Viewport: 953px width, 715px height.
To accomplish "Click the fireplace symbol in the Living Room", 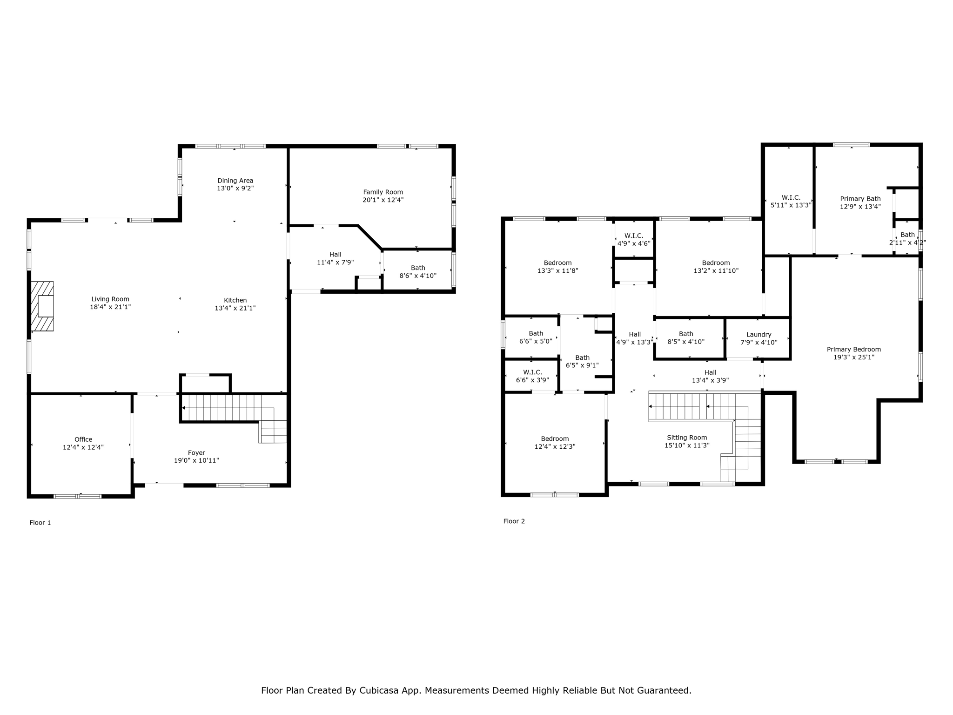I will point(42,306).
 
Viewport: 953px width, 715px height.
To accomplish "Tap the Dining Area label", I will point(235,181).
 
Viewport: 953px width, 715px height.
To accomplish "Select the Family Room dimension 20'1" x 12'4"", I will point(383,200).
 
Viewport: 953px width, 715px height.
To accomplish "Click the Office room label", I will point(83,439).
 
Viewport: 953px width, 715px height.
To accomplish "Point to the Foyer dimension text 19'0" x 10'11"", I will point(196,461).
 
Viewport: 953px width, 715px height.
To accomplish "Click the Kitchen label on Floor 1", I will point(235,300).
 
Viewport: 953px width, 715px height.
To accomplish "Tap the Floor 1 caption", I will point(40,523).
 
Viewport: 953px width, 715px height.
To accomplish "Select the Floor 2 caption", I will point(514,521).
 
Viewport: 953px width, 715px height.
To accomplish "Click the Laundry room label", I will point(758,335).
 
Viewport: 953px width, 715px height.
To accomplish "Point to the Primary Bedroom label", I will point(853,350).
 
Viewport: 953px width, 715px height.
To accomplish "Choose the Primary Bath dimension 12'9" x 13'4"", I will point(860,207).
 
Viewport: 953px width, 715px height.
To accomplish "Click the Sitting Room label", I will point(686,438).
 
